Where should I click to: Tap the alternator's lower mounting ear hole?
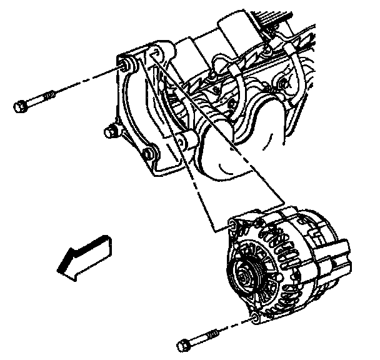[254, 321]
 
